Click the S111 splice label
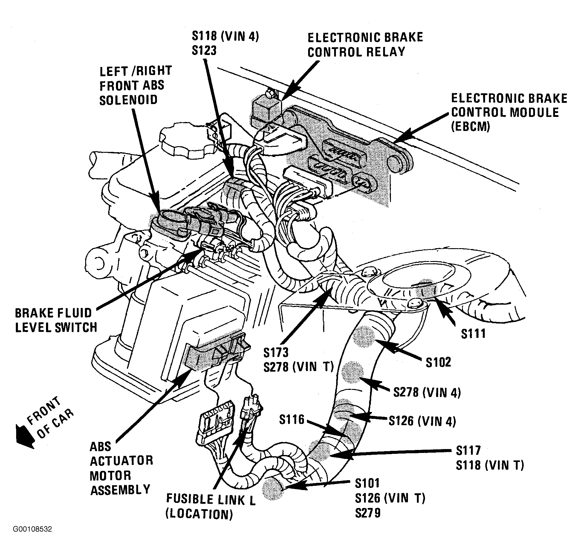[473, 333]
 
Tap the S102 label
[438, 362]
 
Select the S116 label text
[292, 419]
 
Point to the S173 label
[276, 352]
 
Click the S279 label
[368, 513]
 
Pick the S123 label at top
[204, 51]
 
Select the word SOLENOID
[129, 100]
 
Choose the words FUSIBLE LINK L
[211, 500]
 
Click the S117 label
[468, 450]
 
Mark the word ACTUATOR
[122, 461]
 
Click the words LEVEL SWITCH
[56, 328]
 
